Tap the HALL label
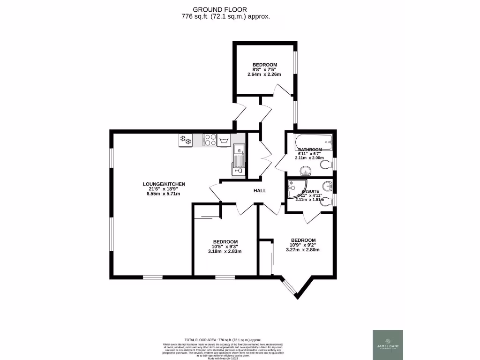coord(260,191)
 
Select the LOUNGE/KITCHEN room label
coord(164,184)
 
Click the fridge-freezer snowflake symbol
coord(186,140)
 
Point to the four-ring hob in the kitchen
coord(210,140)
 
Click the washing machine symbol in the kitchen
coord(225,140)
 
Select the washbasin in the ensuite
coord(328,186)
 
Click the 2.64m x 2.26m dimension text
coord(264,74)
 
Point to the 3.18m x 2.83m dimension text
coord(225,251)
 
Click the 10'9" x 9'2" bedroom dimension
coord(303,244)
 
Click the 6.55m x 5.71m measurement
coord(164,194)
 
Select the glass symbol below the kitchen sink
coord(239,172)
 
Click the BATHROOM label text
coord(310,150)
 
